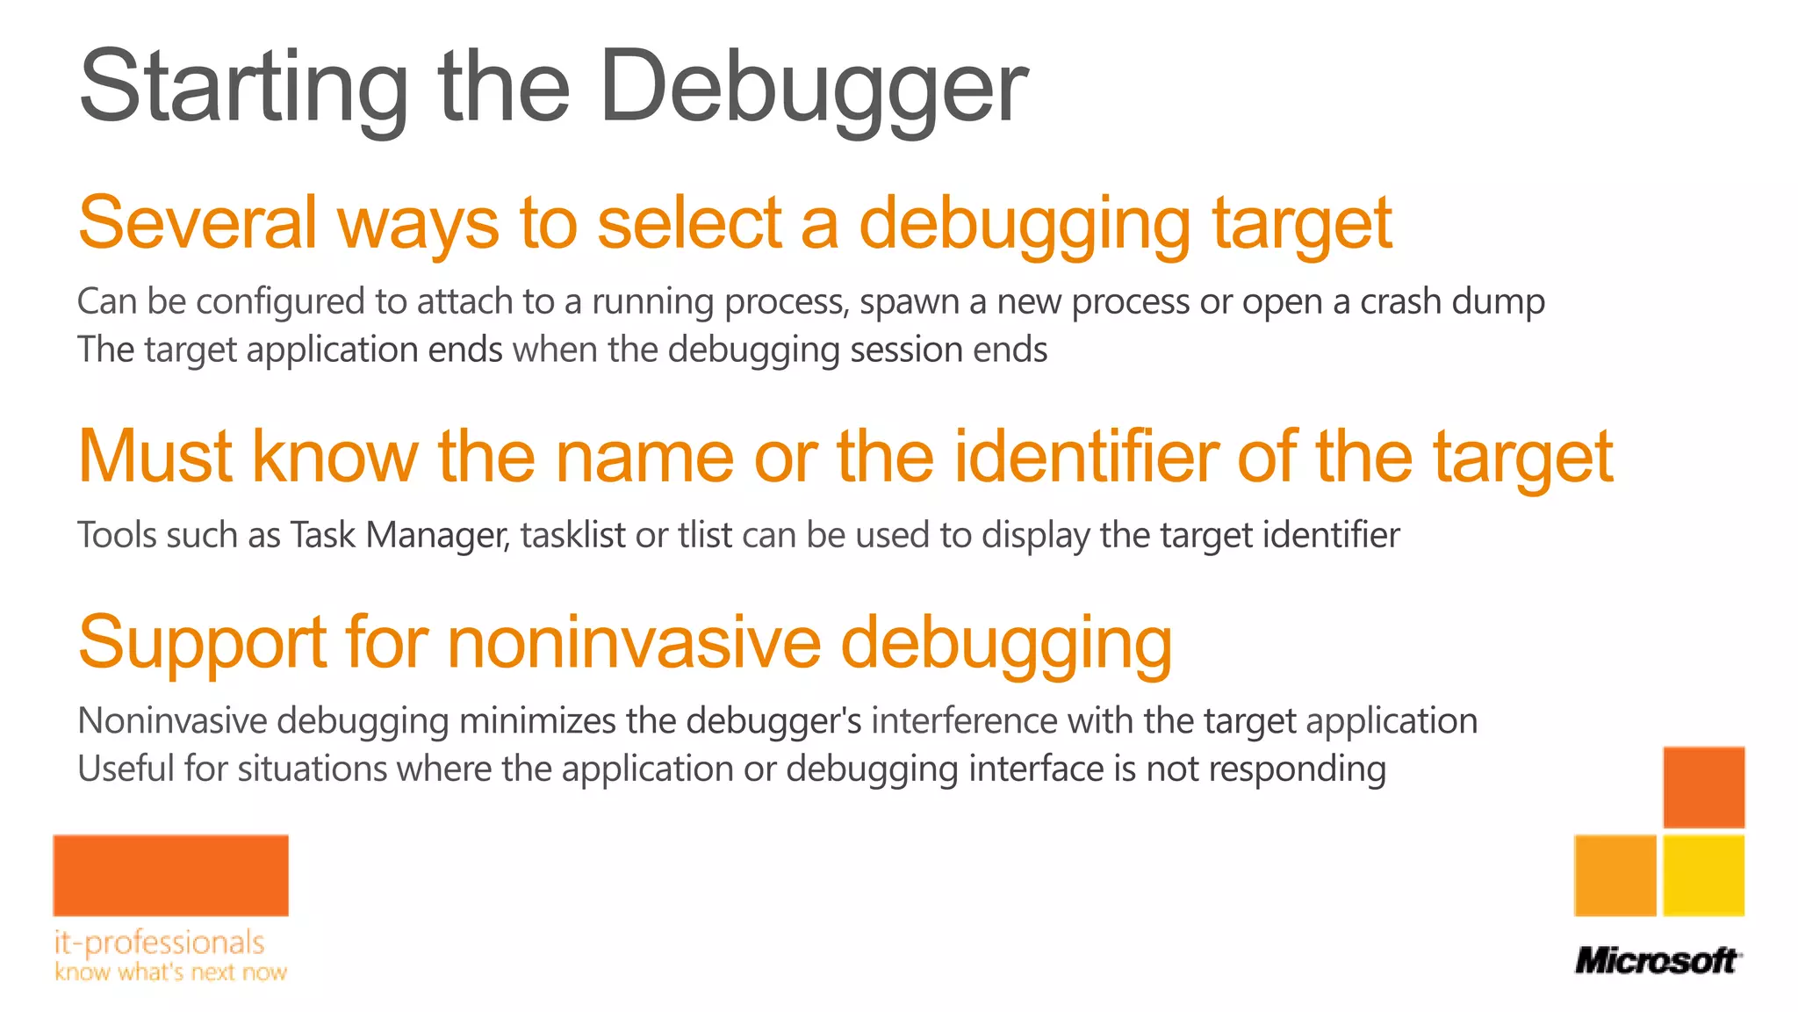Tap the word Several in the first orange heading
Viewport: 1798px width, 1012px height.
click(198, 222)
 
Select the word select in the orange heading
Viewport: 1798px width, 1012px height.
click(689, 222)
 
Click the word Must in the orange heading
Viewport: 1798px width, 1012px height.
click(155, 456)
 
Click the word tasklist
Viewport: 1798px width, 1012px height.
click(572, 535)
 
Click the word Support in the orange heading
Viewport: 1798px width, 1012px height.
click(202, 642)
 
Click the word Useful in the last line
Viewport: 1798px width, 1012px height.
click(126, 769)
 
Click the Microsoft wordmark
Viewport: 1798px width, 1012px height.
click(1657, 960)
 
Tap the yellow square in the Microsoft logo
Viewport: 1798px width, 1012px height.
click(1703, 876)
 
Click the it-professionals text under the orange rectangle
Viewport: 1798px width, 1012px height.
click(159, 943)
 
